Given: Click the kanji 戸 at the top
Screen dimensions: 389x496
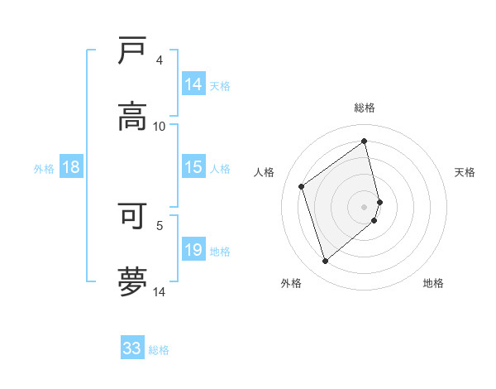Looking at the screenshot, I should [x=132, y=50].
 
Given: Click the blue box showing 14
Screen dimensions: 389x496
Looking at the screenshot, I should [x=193, y=84].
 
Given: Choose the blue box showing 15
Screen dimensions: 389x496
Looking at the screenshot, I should [x=193, y=167].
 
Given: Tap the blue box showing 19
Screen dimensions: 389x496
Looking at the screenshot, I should [x=193, y=250].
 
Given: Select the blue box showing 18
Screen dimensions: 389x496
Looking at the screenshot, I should [x=71, y=167].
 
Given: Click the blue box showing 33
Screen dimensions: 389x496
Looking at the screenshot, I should [x=132, y=348].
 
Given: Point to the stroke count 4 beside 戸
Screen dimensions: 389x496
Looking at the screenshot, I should [x=160, y=60].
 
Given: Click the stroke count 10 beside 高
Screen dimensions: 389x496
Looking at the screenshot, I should [x=160, y=127].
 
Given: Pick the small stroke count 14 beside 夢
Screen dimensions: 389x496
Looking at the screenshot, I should [x=160, y=292].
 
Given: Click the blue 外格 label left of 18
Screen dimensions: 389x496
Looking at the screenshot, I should [x=44, y=168].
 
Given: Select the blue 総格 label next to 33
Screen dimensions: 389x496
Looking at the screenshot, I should [x=159, y=350].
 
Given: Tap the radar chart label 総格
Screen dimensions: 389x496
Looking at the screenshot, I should [x=365, y=108].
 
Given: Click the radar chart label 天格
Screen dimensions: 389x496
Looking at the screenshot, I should [x=465, y=172].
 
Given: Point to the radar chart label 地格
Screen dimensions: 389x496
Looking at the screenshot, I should [x=433, y=283].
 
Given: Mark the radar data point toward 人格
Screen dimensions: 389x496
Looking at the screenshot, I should [x=302, y=186].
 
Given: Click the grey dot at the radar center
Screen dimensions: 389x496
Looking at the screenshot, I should [x=365, y=206].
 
